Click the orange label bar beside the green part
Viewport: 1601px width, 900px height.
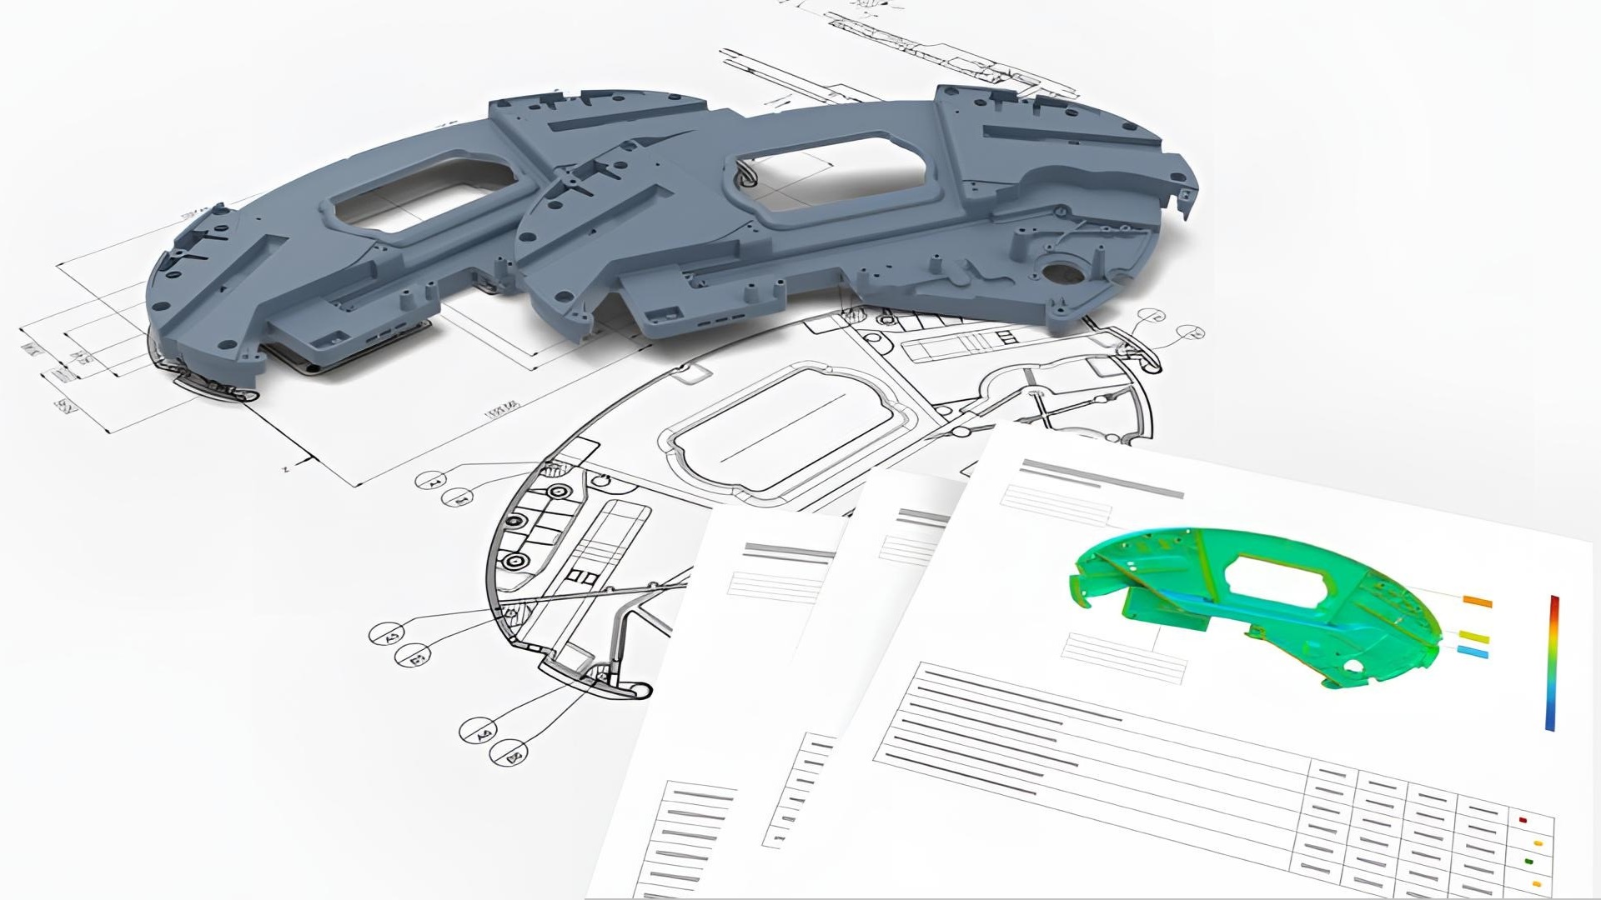(1478, 601)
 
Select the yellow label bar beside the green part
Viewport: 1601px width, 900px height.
(1473, 637)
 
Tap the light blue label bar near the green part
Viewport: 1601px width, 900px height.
(1473, 652)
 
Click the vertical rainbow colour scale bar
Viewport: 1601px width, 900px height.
(1553, 662)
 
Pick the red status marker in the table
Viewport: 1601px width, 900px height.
(1523, 820)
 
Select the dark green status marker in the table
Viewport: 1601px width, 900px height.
(1529, 862)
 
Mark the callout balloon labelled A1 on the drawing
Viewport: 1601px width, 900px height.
(433, 481)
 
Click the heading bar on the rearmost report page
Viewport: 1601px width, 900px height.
(788, 552)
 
